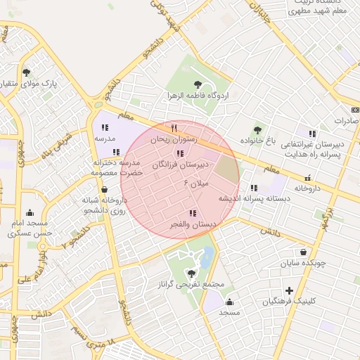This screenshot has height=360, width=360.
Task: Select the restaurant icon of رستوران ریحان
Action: coord(174,129)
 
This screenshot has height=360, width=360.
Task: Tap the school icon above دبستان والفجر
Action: coord(192,213)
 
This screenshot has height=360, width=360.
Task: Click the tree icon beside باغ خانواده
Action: coord(258,130)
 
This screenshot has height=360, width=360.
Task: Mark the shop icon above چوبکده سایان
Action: coord(303,252)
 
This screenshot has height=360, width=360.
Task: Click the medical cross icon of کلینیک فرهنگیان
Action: coord(289,290)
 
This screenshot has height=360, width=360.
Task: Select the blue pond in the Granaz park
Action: coord(207,257)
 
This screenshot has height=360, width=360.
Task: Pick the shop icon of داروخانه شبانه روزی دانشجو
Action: coord(105,188)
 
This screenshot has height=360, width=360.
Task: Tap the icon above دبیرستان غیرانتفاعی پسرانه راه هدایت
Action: coord(311,134)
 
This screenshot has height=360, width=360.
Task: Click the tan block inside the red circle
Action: coord(226,169)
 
